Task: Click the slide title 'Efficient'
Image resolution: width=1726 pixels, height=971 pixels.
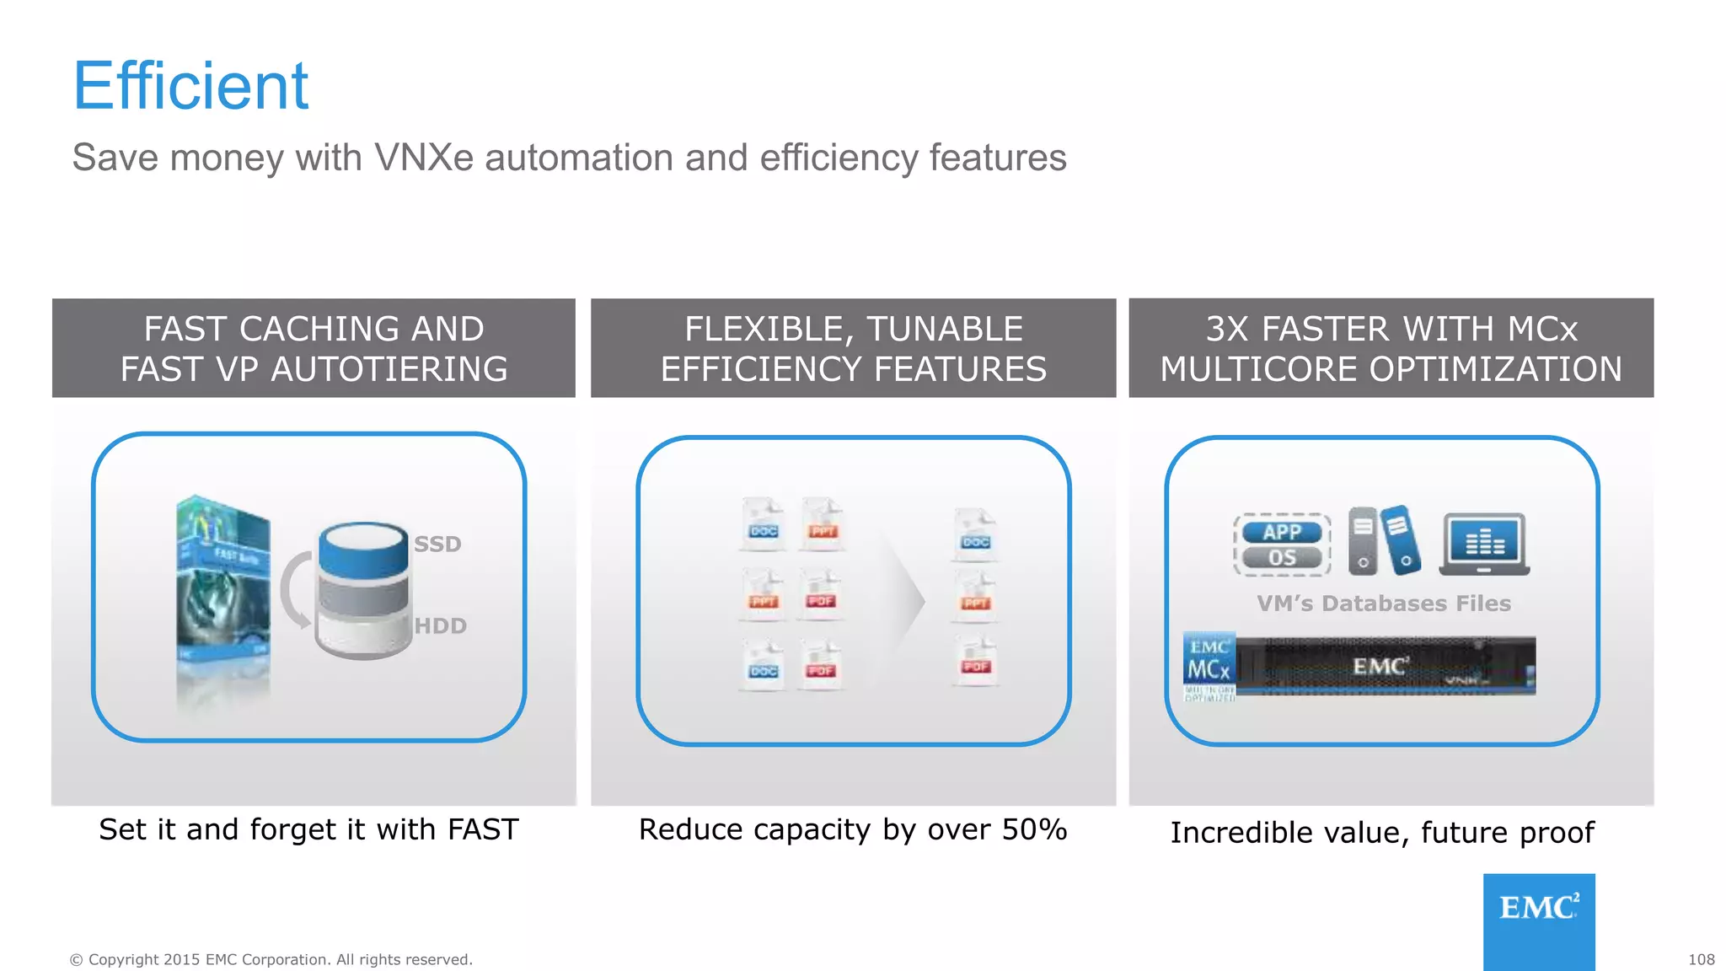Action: pos(191,86)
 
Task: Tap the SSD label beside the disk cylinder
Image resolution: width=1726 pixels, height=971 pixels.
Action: pos(437,545)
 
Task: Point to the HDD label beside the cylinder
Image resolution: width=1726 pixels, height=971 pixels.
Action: pos(440,626)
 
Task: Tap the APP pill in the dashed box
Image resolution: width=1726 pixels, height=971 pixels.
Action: pos(1282,532)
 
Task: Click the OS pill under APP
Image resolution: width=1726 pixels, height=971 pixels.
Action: pos(1282,558)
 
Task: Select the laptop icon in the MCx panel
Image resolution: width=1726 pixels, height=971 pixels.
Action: pos(1484,545)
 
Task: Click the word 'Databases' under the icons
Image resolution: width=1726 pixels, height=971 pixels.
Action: pos(1384,604)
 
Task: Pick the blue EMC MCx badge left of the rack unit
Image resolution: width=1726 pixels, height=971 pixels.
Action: pos(1209,666)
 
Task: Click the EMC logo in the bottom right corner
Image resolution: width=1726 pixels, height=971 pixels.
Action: pos(1539,920)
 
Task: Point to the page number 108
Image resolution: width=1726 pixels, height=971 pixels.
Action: pos(1701,959)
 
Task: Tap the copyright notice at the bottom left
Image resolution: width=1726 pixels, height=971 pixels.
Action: pos(271,959)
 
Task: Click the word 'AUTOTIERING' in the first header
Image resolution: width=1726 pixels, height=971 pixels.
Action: pos(389,369)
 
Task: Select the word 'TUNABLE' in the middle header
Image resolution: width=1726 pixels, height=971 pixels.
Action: pos(945,329)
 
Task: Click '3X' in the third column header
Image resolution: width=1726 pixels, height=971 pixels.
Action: pos(1226,329)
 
